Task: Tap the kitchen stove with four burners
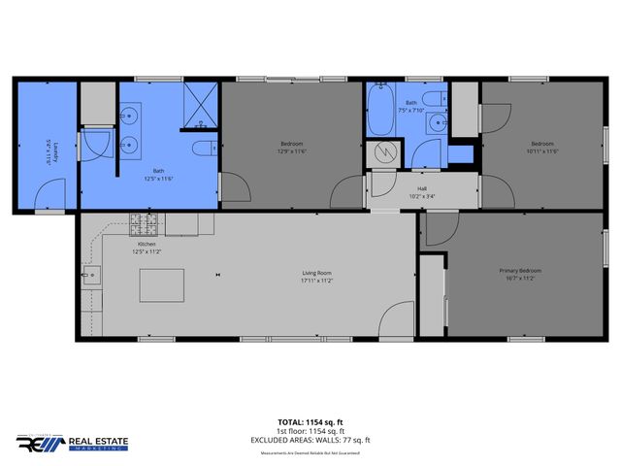click(144, 225)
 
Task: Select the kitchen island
click(160, 285)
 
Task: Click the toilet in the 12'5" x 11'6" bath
click(205, 148)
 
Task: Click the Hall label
click(422, 189)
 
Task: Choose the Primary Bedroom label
click(520, 270)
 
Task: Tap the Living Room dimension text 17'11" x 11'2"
click(316, 282)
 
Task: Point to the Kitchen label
click(147, 245)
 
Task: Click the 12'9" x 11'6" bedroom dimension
click(292, 151)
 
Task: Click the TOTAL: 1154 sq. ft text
click(310, 423)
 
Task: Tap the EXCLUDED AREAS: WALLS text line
click(310, 439)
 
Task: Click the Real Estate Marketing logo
click(72, 442)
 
